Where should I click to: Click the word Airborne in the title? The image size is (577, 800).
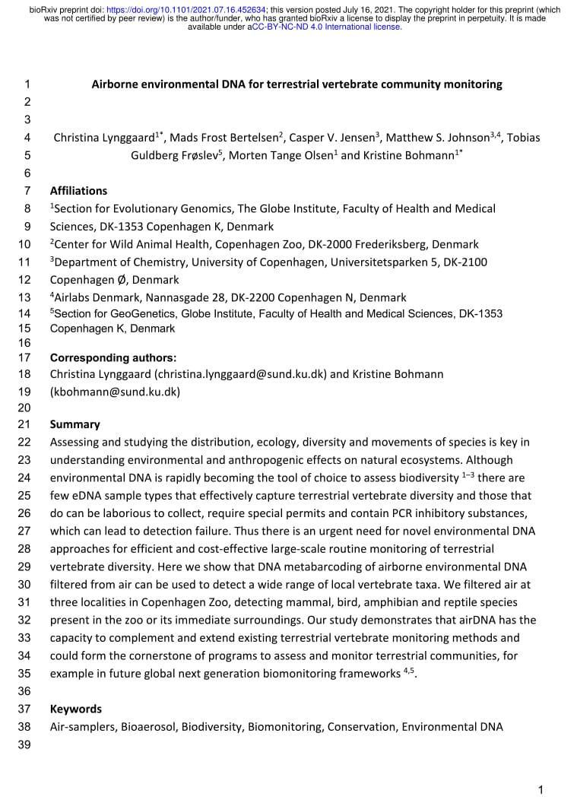[x=116, y=84]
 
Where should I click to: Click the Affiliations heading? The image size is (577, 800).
[x=78, y=191]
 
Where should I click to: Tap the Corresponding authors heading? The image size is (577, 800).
[x=113, y=357]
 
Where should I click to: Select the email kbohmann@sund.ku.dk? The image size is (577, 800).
[x=115, y=392]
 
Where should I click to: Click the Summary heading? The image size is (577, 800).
[x=75, y=424]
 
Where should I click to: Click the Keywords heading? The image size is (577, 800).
[x=75, y=709]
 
